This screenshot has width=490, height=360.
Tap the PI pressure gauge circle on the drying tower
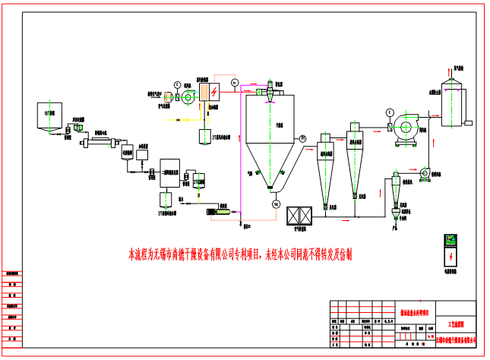pyautogui.click(x=302, y=137)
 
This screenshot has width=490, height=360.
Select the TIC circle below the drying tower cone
pyautogui.click(x=276, y=204)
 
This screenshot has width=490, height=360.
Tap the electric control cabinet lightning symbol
pyautogui.click(x=451, y=256)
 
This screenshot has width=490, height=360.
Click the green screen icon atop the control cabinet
pyautogui.click(x=450, y=240)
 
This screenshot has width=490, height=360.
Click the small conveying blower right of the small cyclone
pyautogui.click(x=425, y=174)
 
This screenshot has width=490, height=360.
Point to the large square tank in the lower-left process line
pyautogui.click(x=169, y=173)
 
